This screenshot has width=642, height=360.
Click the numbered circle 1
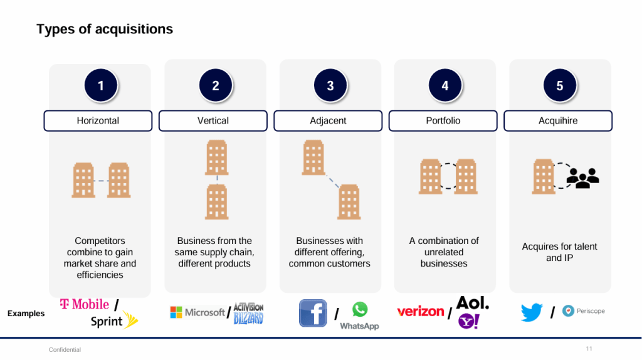tap(101, 86)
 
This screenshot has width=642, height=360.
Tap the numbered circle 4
tap(445, 86)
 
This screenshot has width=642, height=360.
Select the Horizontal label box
tap(98, 120)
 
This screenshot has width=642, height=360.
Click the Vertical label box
tap(213, 120)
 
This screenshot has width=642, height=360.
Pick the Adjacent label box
tap(328, 120)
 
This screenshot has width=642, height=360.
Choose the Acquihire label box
tap(558, 120)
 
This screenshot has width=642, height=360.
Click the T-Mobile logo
tap(85, 304)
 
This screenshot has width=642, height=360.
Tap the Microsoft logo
tap(197, 312)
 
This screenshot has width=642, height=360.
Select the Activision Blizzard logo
tap(248, 313)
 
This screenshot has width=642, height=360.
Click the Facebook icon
tap(313, 313)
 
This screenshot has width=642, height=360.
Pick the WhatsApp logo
tap(359, 315)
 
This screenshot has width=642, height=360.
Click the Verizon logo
tap(420, 311)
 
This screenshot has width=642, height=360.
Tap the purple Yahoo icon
tap(468, 321)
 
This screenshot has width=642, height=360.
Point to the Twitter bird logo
tap(531, 312)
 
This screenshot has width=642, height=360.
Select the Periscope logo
tap(583, 311)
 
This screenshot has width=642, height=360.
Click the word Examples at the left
tap(26, 314)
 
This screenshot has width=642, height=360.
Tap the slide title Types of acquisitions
tap(105, 29)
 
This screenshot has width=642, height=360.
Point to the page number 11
tap(589, 349)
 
